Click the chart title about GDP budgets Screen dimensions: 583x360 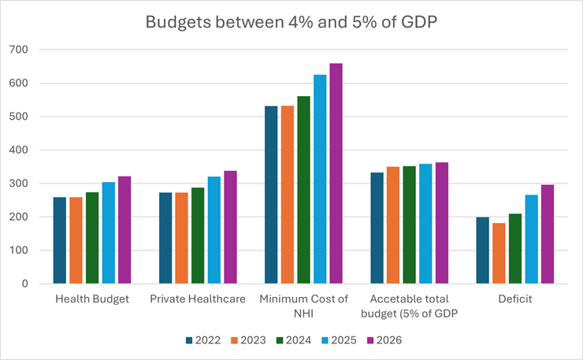(x=291, y=22)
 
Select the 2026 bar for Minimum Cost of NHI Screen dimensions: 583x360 (x=336, y=173)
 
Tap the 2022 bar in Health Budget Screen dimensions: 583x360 (x=60, y=240)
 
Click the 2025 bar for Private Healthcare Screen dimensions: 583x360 (x=214, y=230)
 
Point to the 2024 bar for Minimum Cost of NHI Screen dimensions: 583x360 (x=303, y=190)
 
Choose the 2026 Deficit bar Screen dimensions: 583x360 (x=548, y=234)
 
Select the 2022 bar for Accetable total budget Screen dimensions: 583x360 (x=377, y=228)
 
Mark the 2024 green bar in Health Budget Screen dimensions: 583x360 (x=92, y=238)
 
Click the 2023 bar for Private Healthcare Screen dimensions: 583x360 (x=181, y=238)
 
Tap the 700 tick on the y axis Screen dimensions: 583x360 (x=19, y=50)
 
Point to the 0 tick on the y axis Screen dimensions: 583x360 (x=24, y=284)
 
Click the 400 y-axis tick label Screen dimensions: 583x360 (x=19, y=150)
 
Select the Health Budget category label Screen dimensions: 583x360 (x=92, y=299)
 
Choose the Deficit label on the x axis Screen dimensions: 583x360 (x=515, y=299)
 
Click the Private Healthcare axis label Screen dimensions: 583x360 (x=198, y=299)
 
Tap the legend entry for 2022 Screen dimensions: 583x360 (x=203, y=340)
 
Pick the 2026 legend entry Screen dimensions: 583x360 (x=384, y=340)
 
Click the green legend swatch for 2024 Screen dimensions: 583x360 (x=280, y=340)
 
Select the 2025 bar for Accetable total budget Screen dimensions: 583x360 (x=425, y=224)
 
